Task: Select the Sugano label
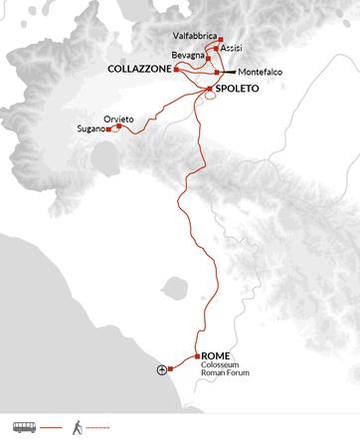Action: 90,129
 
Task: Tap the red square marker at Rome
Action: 198,356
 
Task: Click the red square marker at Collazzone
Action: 175,69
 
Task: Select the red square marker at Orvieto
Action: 118,125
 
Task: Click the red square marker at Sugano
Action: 107,130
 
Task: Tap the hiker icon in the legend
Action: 76,426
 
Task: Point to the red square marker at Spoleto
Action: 208,90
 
